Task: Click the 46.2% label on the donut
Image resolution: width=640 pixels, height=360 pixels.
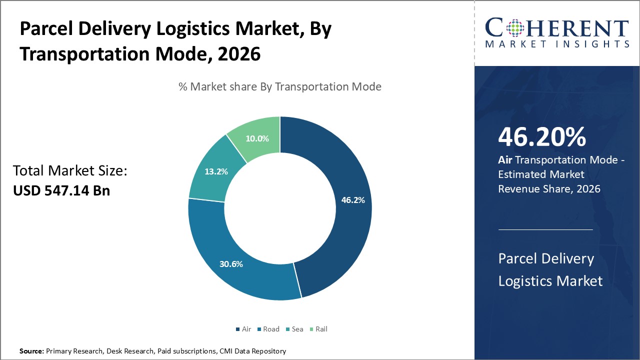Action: pos(353,200)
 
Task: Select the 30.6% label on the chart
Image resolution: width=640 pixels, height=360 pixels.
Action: pos(231,263)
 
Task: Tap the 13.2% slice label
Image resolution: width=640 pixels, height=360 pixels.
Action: pos(216,171)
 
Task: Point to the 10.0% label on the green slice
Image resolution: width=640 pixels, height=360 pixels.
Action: pos(257,138)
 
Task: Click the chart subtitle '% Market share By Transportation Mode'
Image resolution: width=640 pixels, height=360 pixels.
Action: pos(280,86)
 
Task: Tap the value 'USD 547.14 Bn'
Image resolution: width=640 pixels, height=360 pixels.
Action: pos(61,190)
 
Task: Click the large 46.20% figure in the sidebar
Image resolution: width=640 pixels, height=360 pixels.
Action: pos(541,137)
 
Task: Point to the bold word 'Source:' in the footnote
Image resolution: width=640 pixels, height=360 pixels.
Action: pos(31,351)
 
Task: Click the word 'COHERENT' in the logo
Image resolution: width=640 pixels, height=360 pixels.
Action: pos(557,28)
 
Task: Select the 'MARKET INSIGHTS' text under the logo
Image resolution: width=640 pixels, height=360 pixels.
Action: pos(557,44)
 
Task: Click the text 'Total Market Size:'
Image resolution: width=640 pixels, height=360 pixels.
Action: pos(70,171)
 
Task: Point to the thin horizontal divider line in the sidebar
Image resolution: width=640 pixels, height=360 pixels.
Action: pos(545,229)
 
